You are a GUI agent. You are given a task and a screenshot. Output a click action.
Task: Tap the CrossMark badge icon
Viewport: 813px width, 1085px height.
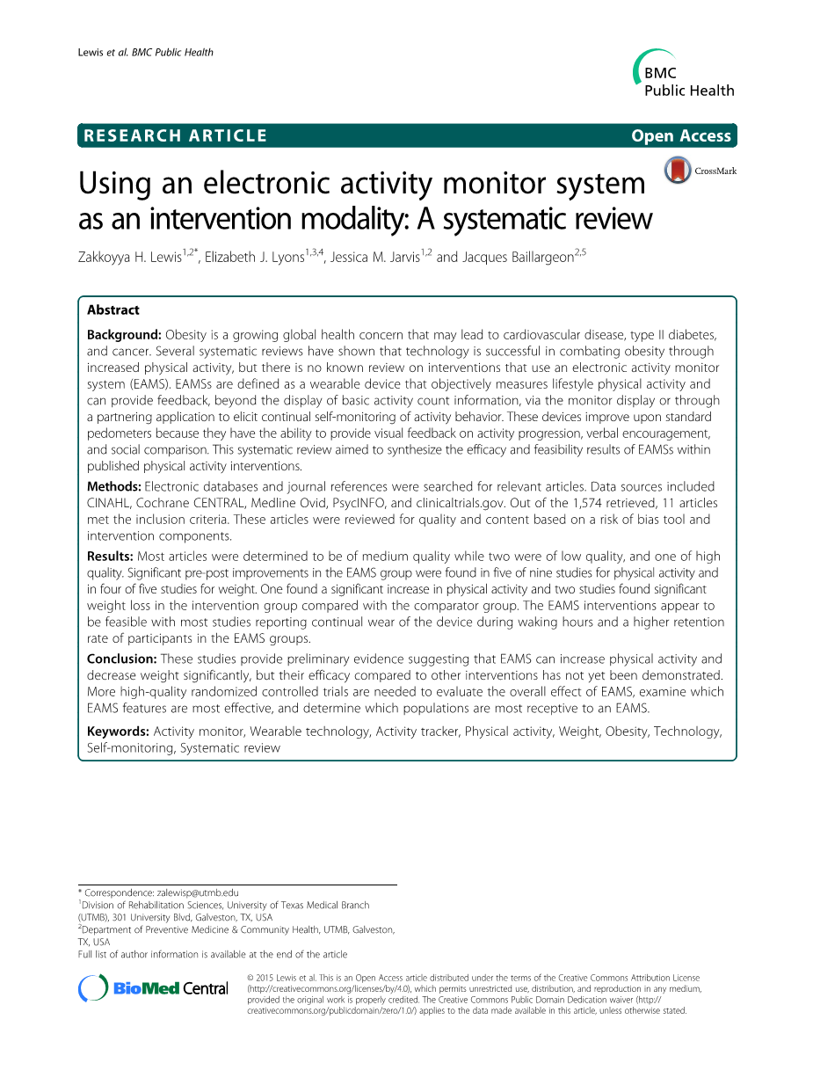click(678, 170)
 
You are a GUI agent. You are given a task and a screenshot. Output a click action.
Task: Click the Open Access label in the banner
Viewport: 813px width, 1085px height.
click(681, 135)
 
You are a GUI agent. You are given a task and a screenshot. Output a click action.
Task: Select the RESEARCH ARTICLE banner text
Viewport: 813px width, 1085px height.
click(173, 135)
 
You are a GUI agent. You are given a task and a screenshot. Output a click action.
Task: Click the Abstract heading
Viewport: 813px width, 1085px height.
click(113, 309)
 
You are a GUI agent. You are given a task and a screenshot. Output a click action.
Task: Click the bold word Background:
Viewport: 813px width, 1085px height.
click(124, 335)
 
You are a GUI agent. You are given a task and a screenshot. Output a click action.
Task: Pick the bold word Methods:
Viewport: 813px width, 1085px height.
click(113, 486)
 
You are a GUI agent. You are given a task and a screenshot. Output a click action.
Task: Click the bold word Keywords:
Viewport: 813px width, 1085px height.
click(118, 732)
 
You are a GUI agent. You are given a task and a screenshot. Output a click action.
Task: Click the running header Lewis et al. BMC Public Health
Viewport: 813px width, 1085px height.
click(140, 53)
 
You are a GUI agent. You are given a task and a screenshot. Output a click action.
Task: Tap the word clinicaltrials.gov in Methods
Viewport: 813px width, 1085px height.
click(463, 503)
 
